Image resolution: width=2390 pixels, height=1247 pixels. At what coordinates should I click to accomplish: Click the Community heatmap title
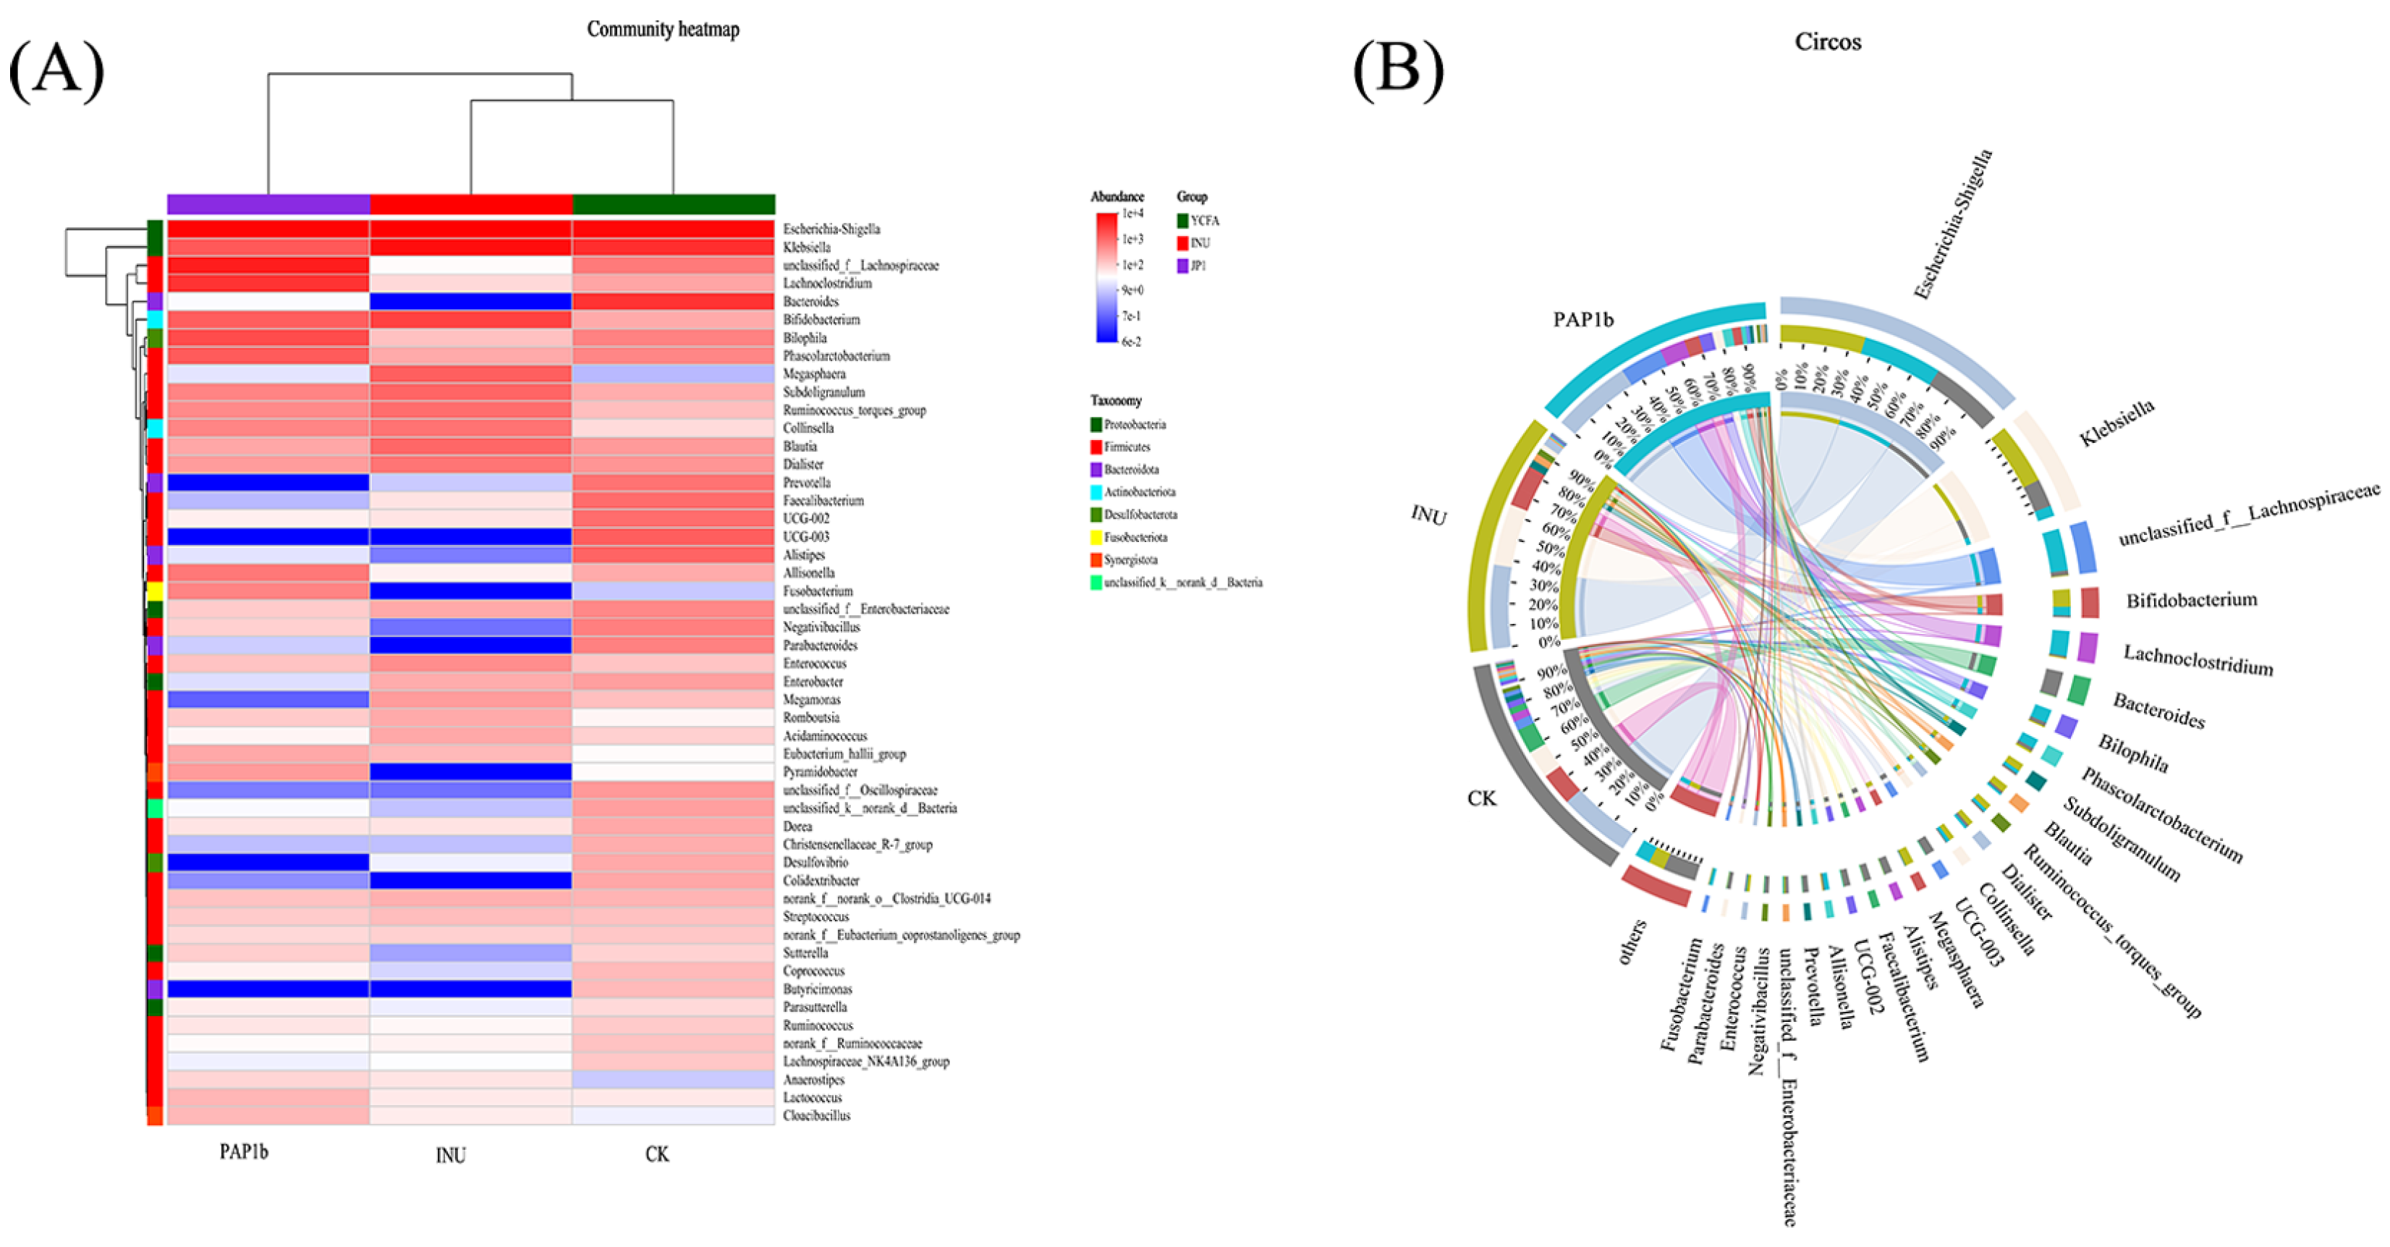coord(663,30)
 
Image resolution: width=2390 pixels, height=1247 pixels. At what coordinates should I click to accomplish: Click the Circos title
coord(1827,42)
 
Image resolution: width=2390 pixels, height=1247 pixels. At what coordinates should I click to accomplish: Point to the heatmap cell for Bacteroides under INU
coord(470,302)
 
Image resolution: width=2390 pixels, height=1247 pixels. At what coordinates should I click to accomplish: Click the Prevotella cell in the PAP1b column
coord(268,483)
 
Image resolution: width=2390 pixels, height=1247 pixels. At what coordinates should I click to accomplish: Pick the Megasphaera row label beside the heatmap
coord(814,374)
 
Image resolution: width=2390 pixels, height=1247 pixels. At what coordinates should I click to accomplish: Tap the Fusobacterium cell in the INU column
coord(470,591)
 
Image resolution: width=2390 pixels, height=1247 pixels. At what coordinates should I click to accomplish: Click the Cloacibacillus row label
coord(816,1115)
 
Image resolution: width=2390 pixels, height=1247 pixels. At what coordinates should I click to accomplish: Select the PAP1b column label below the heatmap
coord(244,1151)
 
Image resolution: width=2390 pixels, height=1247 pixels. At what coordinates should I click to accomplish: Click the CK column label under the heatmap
coord(657,1154)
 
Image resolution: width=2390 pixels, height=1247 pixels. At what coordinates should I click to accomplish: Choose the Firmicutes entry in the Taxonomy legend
coord(1127,447)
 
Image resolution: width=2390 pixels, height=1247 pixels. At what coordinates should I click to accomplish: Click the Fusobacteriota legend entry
coord(1135,537)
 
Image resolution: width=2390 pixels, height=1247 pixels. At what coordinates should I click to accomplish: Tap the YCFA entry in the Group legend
coord(1204,221)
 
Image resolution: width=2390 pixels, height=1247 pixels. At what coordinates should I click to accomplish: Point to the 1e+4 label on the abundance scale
coord(1132,214)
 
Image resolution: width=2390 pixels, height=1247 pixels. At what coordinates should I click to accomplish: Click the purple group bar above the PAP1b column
coord(268,204)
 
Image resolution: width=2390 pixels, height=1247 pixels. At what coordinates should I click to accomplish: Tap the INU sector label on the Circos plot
coord(1429,515)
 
